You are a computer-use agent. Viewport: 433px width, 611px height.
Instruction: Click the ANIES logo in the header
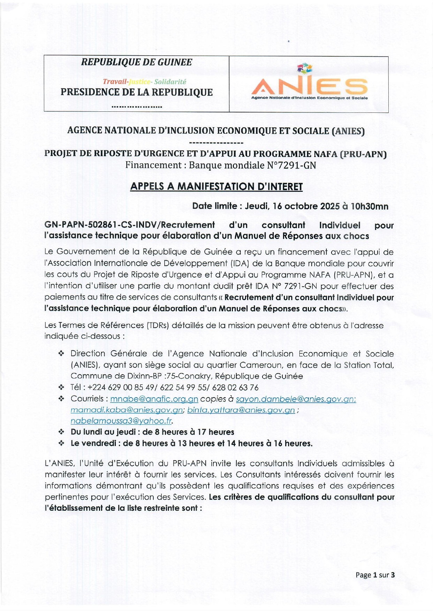pyautogui.click(x=309, y=84)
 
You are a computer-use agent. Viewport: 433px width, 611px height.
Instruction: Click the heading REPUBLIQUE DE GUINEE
pyautogui.click(x=136, y=62)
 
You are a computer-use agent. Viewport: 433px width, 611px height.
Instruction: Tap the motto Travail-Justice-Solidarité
pyautogui.click(x=144, y=82)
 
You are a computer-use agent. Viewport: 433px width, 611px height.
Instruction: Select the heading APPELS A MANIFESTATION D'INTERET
pyautogui.click(x=216, y=187)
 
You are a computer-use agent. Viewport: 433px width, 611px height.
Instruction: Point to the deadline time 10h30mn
pyautogui.click(x=369, y=206)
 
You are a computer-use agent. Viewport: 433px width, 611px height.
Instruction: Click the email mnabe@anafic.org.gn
pyautogui.click(x=154, y=399)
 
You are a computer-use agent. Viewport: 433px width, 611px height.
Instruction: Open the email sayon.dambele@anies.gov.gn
pyautogui.click(x=296, y=399)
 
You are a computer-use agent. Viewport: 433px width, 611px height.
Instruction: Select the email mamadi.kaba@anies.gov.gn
pyautogui.click(x=127, y=410)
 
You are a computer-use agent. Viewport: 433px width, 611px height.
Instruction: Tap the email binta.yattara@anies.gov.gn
pyautogui.click(x=241, y=410)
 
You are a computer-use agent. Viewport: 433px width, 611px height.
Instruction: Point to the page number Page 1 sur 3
pyautogui.click(x=375, y=575)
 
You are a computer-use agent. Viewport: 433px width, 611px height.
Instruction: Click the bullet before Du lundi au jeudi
pyautogui.click(x=61, y=432)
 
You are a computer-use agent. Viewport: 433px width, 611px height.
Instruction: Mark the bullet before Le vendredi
pyautogui.click(x=61, y=444)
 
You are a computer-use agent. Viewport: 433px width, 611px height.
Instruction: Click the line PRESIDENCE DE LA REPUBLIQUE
pyautogui.click(x=136, y=92)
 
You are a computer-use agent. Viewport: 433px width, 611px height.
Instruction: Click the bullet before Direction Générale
pyautogui.click(x=61, y=354)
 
